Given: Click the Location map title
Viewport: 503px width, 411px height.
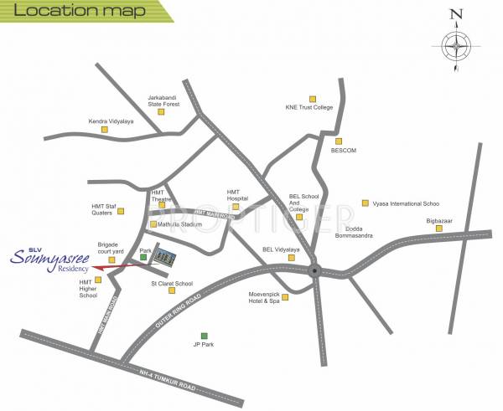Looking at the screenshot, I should pos(55,12).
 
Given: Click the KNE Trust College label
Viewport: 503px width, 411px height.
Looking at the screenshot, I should pos(309,108).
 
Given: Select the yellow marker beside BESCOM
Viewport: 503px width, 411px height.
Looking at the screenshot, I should pos(339,141).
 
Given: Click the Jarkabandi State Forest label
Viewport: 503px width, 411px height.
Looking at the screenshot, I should pos(163,100).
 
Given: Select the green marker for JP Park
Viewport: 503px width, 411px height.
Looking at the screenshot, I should pos(204,336).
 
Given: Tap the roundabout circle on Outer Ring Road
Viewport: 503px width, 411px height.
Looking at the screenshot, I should pos(314,270).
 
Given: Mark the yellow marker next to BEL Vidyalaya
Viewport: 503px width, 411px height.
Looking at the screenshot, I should pos(292,258).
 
